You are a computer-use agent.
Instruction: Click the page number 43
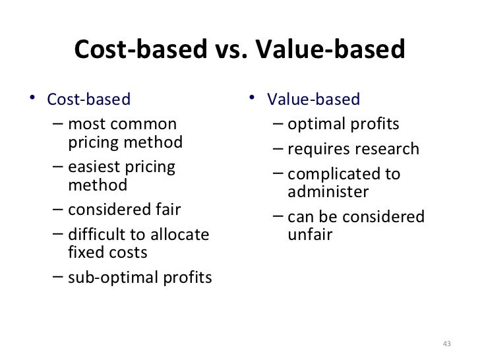click(446, 344)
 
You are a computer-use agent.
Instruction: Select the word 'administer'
click(328, 192)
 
